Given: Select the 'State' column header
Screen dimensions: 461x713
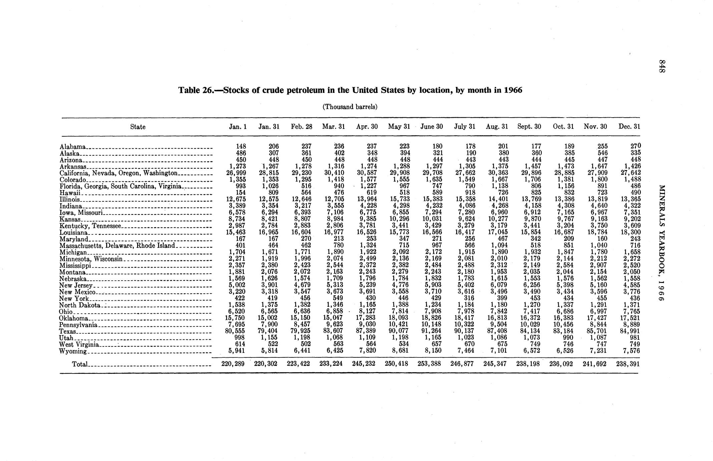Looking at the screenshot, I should [x=138, y=127].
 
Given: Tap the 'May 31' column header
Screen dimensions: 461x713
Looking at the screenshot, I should [x=399, y=127].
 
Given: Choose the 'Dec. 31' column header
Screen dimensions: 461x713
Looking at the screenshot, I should [x=629, y=127].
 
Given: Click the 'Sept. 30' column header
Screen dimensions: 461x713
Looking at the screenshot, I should [x=529, y=127].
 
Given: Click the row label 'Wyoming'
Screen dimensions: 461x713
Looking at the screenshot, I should [x=73, y=351].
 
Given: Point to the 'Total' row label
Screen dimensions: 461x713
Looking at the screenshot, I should [x=80, y=364].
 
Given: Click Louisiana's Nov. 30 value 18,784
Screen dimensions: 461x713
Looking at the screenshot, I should [x=597, y=232].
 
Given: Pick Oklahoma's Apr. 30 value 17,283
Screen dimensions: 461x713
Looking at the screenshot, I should [x=366, y=318].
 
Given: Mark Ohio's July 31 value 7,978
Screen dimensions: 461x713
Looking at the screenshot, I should [x=465, y=311].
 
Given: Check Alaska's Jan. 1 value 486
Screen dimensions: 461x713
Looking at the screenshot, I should [x=240, y=153].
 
